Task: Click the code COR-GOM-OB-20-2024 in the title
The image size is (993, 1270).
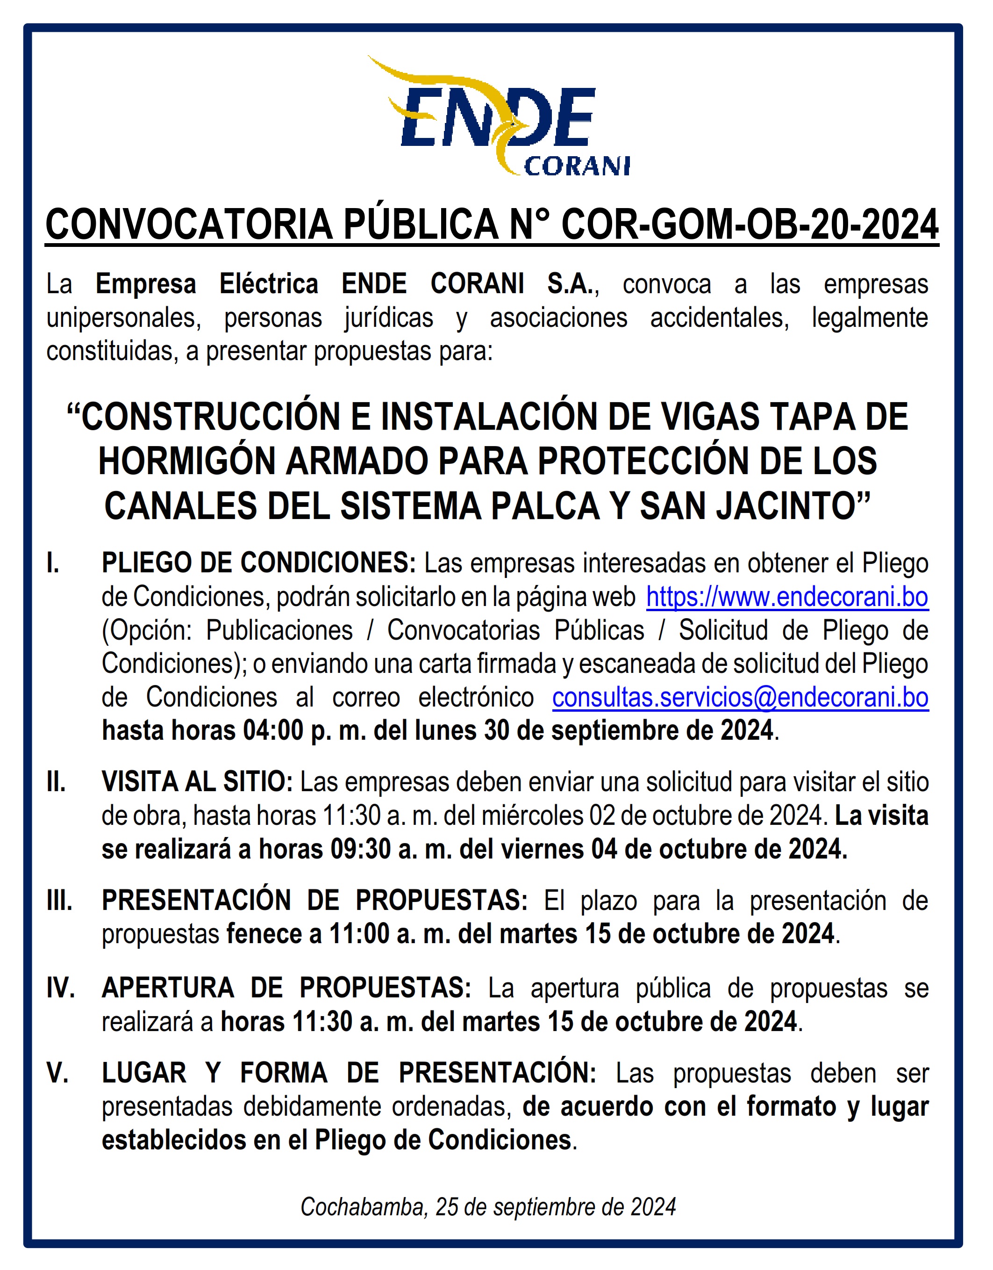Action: point(750,224)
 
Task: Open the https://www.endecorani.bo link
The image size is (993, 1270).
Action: point(787,597)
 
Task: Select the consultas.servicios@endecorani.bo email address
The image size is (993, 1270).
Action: point(740,698)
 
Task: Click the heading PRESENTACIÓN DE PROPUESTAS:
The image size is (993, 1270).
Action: point(314,901)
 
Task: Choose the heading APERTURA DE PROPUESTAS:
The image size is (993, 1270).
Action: point(286,988)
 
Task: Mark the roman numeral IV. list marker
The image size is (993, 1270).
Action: point(60,988)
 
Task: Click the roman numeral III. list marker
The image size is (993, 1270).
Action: point(59,901)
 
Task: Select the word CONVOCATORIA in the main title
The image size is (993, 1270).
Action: point(189,224)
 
